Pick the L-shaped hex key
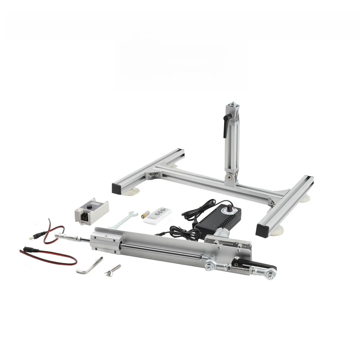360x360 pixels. point(90,267)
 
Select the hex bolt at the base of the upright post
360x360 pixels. point(230,178)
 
